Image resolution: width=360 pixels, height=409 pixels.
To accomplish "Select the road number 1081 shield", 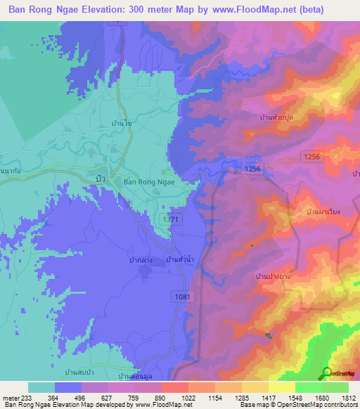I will click(182, 297).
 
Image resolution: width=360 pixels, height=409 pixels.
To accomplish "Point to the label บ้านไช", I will click(122, 123).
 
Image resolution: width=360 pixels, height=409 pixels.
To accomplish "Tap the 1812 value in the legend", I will click(349, 397).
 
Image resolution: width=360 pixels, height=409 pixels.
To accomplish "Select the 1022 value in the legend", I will click(188, 397).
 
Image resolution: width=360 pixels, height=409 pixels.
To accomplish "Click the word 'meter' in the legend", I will click(11, 397).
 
